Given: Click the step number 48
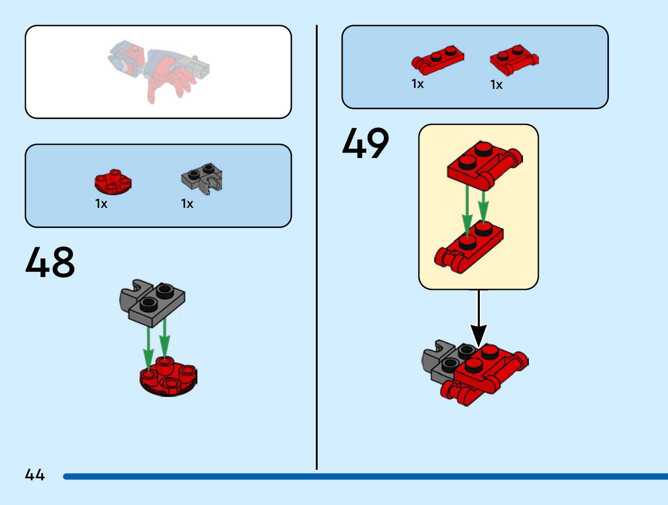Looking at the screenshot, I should (50, 262).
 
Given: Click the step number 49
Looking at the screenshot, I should (365, 143).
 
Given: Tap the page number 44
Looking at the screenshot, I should (35, 475).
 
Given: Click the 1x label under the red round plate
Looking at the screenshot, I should (101, 204).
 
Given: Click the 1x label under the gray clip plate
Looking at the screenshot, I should (187, 204).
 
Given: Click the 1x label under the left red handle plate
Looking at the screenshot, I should (417, 84).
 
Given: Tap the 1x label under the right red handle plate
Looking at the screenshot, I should (496, 85).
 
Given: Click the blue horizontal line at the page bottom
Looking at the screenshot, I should (365, 477).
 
